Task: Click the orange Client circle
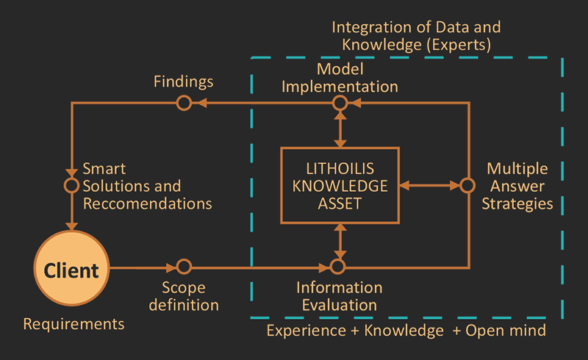point(71,270)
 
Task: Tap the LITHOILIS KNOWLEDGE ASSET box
point(339,185)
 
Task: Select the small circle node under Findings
point(184,104)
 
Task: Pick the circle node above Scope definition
point(184,267)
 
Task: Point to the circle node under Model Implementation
point(339,104)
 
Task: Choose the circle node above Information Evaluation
point(338,267)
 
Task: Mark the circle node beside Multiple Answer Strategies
point(467,186)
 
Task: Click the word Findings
point(184,81)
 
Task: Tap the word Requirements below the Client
point(73,323)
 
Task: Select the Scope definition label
point(184,295)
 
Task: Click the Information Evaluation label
point(338,295)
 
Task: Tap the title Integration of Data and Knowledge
point(416,36)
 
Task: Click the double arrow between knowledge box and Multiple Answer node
point(429,186)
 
